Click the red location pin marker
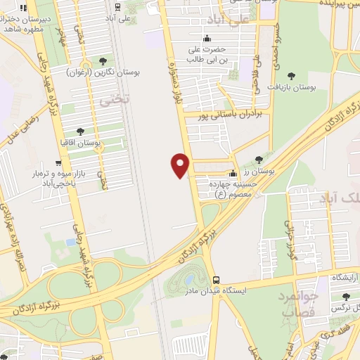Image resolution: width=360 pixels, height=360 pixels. [x=181, y=165]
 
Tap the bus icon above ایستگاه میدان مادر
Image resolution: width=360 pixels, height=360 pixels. [x=217, y=279]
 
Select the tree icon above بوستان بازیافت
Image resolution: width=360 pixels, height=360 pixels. [x=292, y=72]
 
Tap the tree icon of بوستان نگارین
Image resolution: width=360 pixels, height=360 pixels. [x=104, y=61]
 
